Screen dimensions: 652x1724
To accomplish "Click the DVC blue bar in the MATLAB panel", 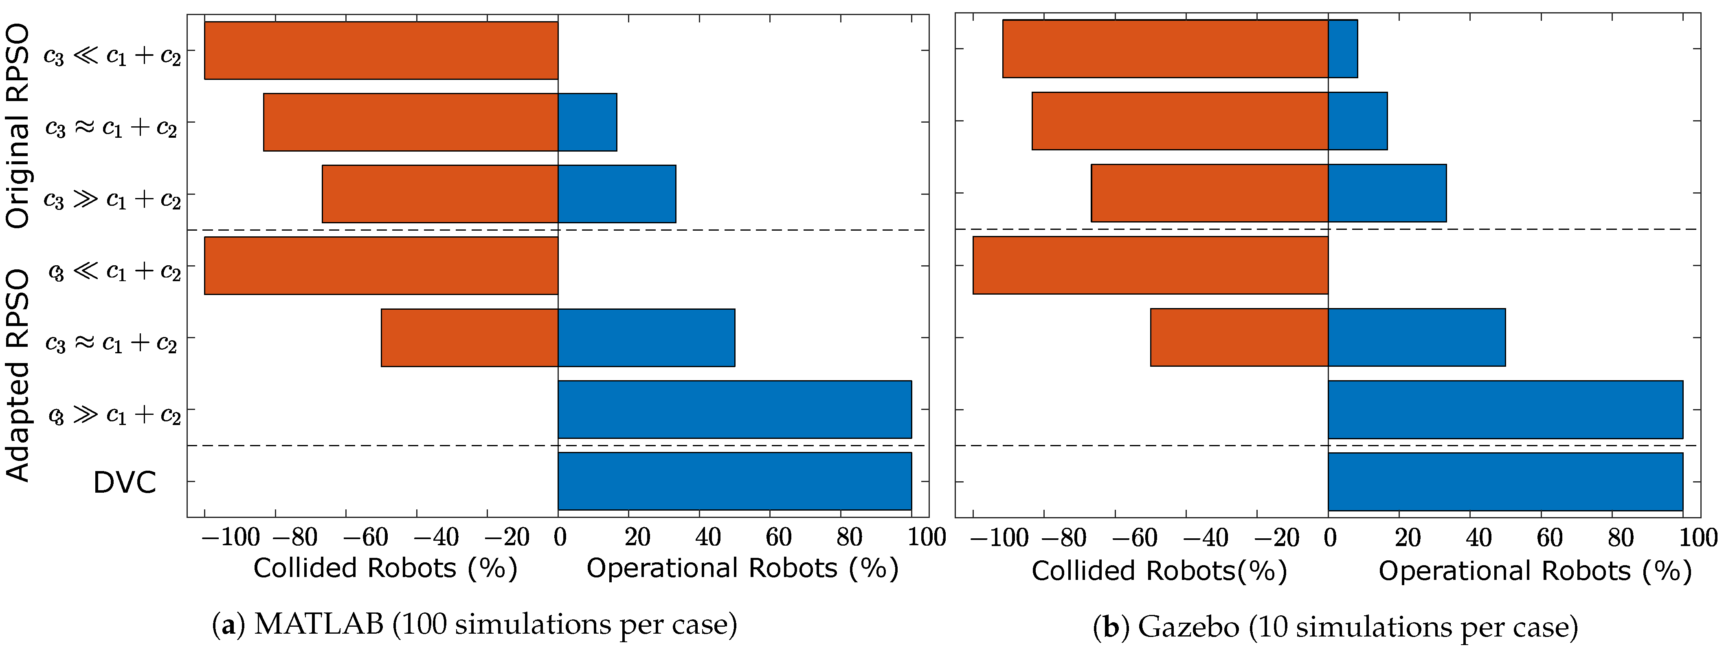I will [x=734, y=481].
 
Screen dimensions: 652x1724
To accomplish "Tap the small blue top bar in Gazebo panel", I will [x=1342, y=49].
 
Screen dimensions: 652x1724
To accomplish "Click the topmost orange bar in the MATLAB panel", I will [x=381, y=50].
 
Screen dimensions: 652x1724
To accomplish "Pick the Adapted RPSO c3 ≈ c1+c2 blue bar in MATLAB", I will [x=646, y=337].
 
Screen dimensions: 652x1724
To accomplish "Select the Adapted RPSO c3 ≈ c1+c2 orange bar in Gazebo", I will [x=1239, y=337].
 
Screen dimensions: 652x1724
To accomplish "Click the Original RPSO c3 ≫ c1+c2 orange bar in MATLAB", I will [x=440, y=194].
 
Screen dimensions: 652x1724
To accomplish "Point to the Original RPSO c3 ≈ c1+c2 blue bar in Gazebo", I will [x=1357, y=121].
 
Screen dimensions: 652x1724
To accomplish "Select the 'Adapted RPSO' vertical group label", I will [x=18, y=375].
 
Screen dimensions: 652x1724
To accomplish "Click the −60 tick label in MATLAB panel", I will [x=365, y=537].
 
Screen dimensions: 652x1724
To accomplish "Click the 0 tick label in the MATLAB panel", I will [x=560, y=537].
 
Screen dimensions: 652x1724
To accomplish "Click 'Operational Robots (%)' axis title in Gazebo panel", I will [x=1535, y=571].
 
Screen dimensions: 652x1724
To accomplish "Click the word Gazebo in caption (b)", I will [x=1188, y=627].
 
